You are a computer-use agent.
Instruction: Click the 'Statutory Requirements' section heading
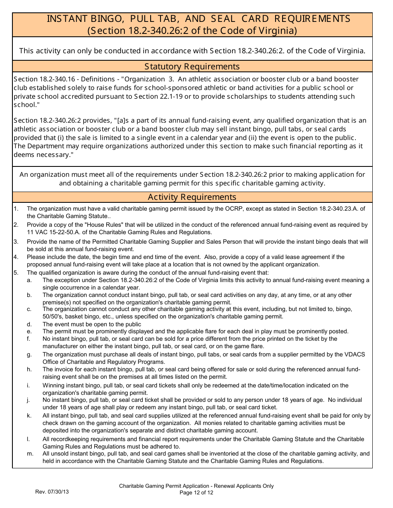192,66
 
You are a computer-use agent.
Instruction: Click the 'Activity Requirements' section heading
192,197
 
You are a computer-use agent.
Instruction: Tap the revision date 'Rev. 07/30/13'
52,492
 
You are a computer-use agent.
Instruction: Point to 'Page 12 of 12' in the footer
196,492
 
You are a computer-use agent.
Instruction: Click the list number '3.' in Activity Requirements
16,242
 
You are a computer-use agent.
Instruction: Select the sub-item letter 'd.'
29,324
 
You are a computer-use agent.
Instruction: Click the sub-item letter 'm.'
30,453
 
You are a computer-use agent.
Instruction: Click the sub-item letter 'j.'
29,400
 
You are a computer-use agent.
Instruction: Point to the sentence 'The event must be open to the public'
92,324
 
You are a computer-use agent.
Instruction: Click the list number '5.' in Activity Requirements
16,273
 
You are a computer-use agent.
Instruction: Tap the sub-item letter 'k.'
29,415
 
